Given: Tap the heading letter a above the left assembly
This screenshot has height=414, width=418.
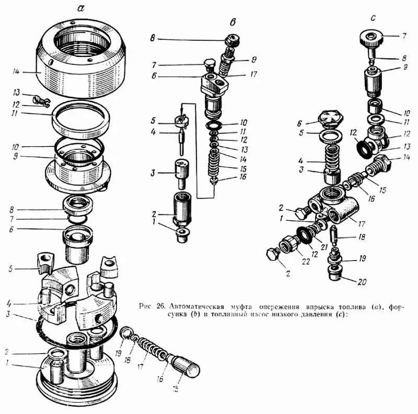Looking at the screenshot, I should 80,8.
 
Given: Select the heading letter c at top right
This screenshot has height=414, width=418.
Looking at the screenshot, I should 373,17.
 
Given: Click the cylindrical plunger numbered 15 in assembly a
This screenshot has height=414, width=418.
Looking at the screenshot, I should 186,365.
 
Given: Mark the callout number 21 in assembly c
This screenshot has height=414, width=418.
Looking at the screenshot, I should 325,246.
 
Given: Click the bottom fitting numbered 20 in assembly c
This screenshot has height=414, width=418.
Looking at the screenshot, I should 334,272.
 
